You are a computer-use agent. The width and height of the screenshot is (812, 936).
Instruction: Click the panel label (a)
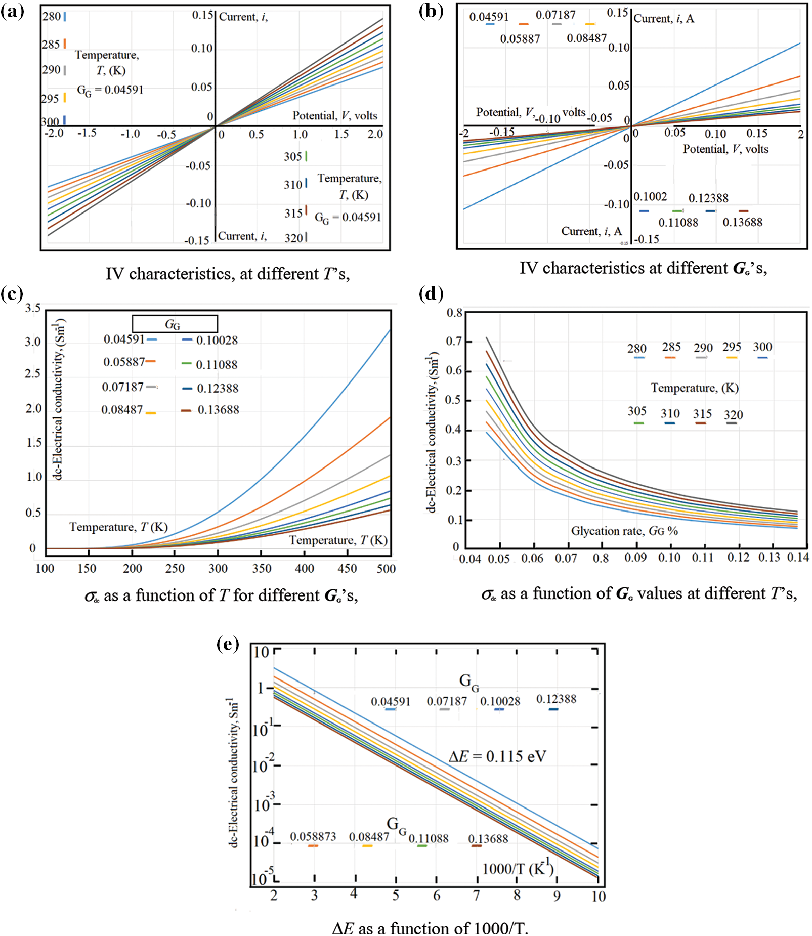pyautogui.click(x=13, y=11)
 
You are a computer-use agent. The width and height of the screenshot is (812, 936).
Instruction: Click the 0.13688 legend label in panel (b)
pyautogui.click(x=742, y=222)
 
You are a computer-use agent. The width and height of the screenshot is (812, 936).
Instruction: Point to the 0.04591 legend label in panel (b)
pyautogui.click(x=489, y=17)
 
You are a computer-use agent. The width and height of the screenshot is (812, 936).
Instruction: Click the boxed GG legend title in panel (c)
pyautogui.click(x=175, y=324)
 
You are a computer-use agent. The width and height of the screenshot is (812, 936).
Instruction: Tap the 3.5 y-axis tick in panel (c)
pyautogui.click(x=33, y=308)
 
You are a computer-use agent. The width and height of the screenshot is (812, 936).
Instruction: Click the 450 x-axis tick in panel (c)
pyautogui.click(x=347, y=568)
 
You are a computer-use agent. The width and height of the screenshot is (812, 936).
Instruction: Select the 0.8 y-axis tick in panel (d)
pyautogui.click(x=454, y=313)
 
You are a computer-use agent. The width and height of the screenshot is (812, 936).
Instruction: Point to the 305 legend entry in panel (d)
pyautogui.click(x=637, y=411)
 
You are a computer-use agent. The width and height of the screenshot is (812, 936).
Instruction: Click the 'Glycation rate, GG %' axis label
pyautogui.click(x=624, y=531)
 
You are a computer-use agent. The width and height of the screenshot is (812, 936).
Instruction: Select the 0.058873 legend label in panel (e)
pyautogui.click(x=313, y=836)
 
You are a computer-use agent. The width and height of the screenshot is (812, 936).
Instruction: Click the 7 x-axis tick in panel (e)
pyautogui.click(x=477, y=895)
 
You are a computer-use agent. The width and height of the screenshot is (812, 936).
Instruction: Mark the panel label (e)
pyautogui.click(x=228, y=644)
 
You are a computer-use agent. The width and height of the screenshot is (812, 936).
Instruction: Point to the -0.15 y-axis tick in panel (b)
pyautogui.click(x=648, y=239)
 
